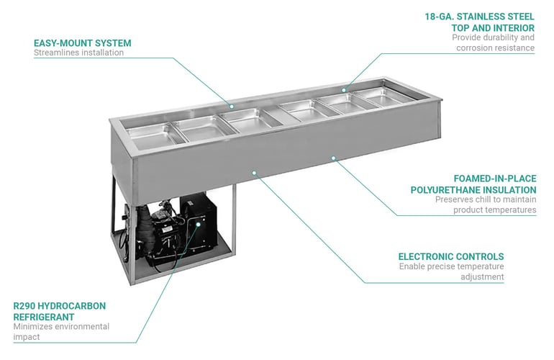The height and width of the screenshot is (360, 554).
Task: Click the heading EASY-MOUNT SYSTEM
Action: click(82, 42)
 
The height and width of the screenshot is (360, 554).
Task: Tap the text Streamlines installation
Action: click(78, 53)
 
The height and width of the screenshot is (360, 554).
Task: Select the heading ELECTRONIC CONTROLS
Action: click(451, 256)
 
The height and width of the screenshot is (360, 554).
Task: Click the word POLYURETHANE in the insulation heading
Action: click(441, 189)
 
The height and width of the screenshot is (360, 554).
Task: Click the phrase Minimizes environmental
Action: click(61, 327)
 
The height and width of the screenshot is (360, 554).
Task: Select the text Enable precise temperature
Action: click(451, 266)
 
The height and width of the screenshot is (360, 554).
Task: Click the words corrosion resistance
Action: click(495, 48)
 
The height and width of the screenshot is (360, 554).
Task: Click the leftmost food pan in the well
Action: click(150, 135)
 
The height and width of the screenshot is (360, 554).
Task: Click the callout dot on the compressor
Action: click(198, 224)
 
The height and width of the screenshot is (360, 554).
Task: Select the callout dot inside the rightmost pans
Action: click(344, 91)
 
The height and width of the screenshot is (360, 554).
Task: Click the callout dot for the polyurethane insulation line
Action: click(333, 157)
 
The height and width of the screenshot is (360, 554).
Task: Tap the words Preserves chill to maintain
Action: click(486, 199)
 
